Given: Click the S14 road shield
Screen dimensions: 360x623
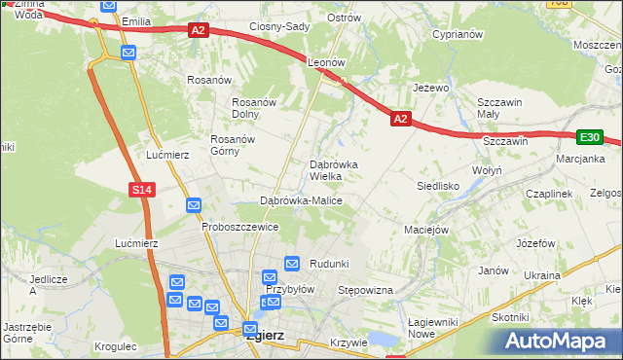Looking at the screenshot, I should (x=142, y=189).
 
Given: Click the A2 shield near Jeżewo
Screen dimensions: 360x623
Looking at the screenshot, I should (x=400, y=119).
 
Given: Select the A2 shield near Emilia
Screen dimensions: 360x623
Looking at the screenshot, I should (x=198, y=30).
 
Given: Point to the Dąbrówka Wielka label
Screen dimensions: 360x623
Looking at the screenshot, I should (x=333, y=170).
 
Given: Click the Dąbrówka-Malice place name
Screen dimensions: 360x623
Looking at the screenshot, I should (x=301, y=200).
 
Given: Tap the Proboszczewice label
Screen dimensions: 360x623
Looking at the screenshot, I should (x=240, y=227).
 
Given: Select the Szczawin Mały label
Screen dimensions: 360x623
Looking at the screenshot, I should (x=500, y=107).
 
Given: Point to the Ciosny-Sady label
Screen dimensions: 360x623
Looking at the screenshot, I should (x=279, y=26).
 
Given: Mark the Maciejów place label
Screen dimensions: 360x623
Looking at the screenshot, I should (x=425, y=231).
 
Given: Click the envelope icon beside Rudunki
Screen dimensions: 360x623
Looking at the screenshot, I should (x=292, y=263).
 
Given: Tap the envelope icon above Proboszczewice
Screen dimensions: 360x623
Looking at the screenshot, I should (x=194, y=205).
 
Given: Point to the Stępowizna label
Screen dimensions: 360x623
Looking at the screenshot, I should (x=364, y=290).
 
